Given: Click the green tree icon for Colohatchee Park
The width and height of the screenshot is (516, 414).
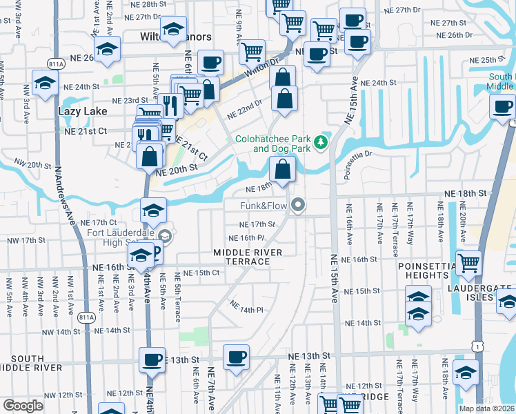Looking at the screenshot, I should (x=320, y=143).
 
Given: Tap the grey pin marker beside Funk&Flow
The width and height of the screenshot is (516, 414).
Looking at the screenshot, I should (x=298, y=205).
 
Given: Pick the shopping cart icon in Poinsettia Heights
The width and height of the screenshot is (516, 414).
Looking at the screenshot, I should (x=468, y=262).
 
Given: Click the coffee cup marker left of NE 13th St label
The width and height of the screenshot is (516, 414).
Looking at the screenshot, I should (x=152, y=359).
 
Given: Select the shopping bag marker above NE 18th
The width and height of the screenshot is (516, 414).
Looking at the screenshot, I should (x=283, y=168).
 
